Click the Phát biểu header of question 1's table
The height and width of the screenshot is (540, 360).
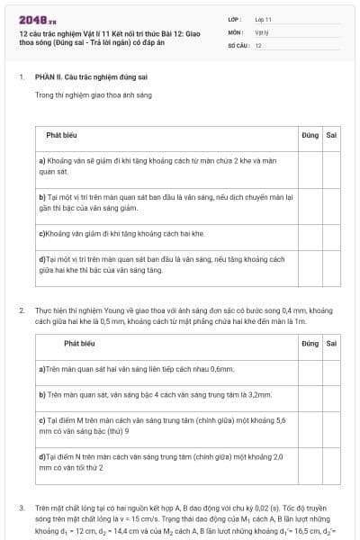pos(61,135)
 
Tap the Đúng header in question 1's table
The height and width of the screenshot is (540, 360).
pos(310,135)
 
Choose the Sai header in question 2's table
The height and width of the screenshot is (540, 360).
pos(331,343)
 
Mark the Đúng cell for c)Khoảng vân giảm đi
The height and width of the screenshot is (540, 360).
pos(310,233)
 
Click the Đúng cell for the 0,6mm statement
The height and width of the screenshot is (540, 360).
pos(310,369)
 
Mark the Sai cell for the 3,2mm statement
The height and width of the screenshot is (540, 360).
pos(331,394)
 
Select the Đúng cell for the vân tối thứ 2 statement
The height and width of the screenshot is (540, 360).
pos(310,462)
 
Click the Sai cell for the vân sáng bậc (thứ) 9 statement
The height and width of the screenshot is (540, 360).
pos(331,425)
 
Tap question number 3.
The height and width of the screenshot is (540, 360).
pos(22,508)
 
